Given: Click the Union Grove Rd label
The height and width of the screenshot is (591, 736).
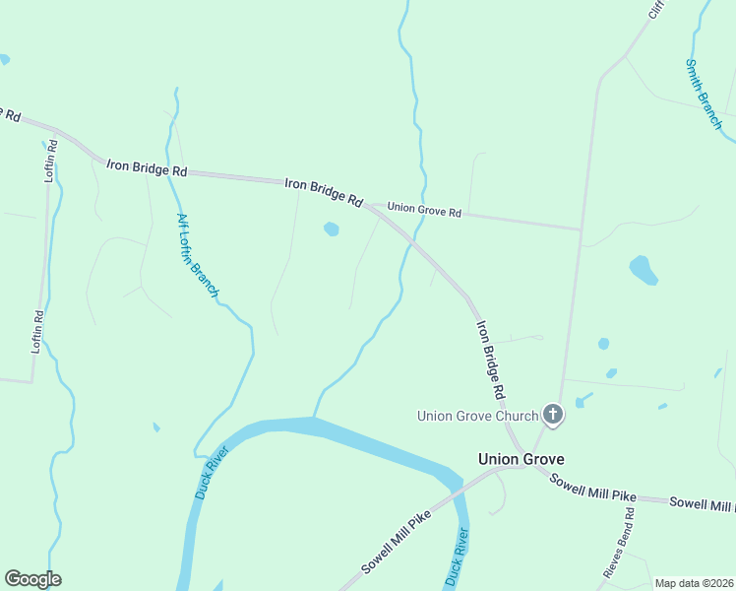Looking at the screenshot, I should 424,210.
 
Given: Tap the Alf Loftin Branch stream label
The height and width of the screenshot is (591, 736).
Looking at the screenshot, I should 197,255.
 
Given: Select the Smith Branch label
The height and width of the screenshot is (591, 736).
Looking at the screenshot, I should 704,95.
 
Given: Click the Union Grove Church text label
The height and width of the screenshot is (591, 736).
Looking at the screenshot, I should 477,416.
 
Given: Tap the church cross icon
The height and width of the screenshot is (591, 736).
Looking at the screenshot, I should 553,416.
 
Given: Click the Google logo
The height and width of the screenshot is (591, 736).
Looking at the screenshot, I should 32,579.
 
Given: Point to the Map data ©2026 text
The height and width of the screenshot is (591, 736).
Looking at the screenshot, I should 694,583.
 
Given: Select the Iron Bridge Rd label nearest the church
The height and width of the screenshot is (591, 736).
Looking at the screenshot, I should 490,360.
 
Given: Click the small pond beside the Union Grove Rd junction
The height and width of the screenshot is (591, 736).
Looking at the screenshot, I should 332,230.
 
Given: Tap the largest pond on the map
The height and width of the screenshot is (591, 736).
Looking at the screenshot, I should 643,269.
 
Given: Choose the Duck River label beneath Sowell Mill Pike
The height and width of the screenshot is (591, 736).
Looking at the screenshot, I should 457,558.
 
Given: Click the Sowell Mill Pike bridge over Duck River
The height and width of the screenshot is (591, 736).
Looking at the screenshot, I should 457,492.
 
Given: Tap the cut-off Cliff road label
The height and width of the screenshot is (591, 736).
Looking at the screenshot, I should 656,10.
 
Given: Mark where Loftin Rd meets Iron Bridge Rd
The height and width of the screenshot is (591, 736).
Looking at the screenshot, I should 57,131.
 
